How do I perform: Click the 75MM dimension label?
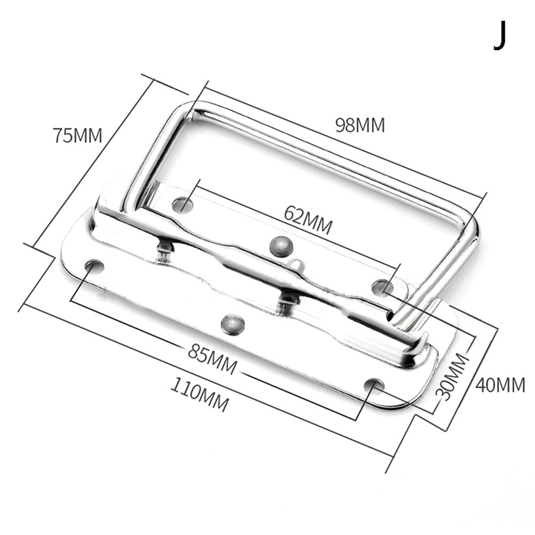78,135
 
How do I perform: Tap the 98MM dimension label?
360,125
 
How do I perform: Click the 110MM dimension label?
199,394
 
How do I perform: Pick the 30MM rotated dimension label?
451,377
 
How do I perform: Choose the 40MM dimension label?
500,385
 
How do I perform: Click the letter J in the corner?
500,35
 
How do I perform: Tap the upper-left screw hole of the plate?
183,205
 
